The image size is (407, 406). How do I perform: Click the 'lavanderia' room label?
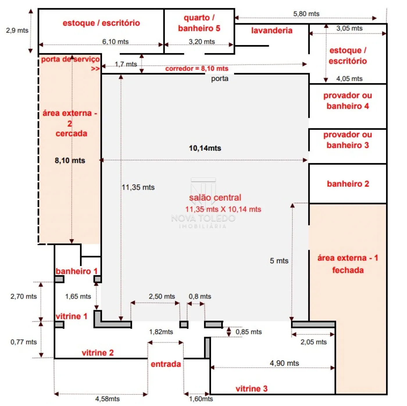(x=272, y=30)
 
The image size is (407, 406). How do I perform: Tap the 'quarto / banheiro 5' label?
(x=199, y=23)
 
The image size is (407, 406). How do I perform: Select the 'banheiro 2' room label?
(x=348, y=184)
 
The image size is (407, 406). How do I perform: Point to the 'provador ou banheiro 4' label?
(x=347, y=101)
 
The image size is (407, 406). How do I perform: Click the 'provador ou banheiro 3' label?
(x=347, y=140)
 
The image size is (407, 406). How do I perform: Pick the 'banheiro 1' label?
(x=76, y=271)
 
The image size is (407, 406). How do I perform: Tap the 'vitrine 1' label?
(x=72, y=316)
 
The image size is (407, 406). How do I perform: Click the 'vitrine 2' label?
(x=98, y=353)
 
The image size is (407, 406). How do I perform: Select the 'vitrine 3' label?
(x=251, y=389)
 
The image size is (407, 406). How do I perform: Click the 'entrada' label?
(x=166, y=364)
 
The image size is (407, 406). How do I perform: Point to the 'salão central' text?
(x=215, y=198)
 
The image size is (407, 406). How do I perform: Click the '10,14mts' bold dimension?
(x=205, y=148)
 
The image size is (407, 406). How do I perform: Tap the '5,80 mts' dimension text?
(x=306, y=14)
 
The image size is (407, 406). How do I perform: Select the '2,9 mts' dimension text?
(x=17, y=30)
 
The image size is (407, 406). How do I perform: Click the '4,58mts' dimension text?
(x=107, y=399)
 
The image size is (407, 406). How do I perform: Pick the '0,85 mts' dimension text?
(x=249, y=332)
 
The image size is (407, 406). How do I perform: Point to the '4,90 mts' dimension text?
(x=284, y=363)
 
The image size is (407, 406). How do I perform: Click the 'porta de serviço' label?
(x=70, y=60)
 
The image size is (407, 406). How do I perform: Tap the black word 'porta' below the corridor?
(x=219, y=79)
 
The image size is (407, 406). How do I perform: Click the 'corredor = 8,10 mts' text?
(x=197, y=69)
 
